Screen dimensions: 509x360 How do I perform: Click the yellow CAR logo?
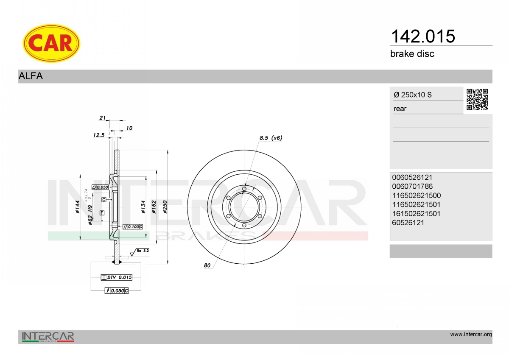click(x=51, y=43)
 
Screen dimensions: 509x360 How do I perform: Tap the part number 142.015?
click(x=423, y=36)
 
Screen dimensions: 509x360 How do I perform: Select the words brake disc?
click(x=412, y=54)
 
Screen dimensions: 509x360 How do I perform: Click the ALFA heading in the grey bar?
click(x=31, y=76)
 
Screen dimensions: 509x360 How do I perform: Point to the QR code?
click(x=477, y=100)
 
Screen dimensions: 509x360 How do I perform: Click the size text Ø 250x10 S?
click(x=413, y=95)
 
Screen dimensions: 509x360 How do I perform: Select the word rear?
click(x=400, y=109)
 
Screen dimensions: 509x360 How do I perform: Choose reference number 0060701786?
click(x=412, y=187)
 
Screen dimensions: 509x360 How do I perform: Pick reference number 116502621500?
click(x=416, y=195)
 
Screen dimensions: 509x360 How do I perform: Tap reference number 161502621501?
click(x=416, y=214)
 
